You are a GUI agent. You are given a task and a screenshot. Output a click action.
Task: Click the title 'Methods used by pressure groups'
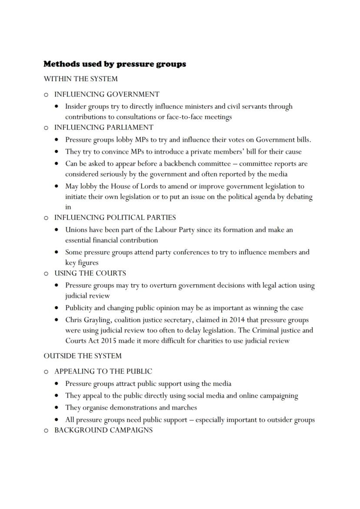point(114,64)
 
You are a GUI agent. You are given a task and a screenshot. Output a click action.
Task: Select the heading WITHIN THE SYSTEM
point(80,79)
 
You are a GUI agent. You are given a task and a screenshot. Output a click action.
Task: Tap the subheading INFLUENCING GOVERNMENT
point(107,94)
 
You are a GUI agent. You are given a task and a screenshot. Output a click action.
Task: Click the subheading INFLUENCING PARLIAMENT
point(103,127)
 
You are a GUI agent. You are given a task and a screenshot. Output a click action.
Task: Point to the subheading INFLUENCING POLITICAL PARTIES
point(115,217)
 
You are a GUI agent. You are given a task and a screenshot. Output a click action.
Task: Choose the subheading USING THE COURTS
point(90,273)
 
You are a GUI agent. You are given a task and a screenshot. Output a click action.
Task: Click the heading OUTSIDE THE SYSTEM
point(83,356)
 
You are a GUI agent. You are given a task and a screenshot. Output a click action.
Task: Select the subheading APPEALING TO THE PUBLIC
point(103,372)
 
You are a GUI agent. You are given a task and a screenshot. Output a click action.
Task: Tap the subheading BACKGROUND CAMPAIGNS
point(103,430)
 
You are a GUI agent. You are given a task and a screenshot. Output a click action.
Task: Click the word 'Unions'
point(77,230)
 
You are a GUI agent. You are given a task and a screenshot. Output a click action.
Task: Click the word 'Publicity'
point(79,308)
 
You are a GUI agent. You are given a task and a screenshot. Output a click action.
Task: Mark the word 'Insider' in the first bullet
point(76,106)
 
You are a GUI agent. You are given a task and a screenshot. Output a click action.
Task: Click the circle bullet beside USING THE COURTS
point(46,274)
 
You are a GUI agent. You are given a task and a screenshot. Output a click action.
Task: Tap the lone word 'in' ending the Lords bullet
point(68,207)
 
